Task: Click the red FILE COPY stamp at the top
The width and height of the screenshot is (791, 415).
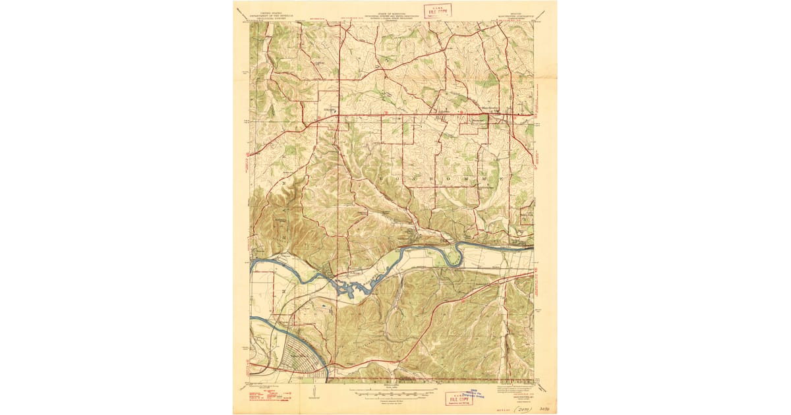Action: click(x=437, y=11)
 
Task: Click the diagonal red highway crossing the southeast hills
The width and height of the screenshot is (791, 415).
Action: click(x=448, y=316)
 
